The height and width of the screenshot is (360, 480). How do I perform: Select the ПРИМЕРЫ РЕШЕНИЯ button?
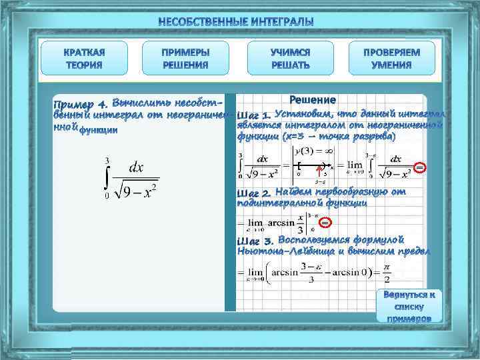[x=185, y=59]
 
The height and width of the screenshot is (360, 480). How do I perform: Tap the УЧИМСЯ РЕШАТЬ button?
[x=290, y=59]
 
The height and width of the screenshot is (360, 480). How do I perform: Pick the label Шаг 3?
[x=255, y=241]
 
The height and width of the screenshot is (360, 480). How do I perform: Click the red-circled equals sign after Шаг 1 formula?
[x=418, y=167]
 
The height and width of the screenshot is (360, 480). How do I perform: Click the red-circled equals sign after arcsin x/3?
[x=325, y=221]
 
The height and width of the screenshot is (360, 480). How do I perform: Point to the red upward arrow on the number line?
[x=319, y=174]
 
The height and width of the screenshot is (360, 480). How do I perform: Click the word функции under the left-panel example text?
[x=99, y=131]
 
